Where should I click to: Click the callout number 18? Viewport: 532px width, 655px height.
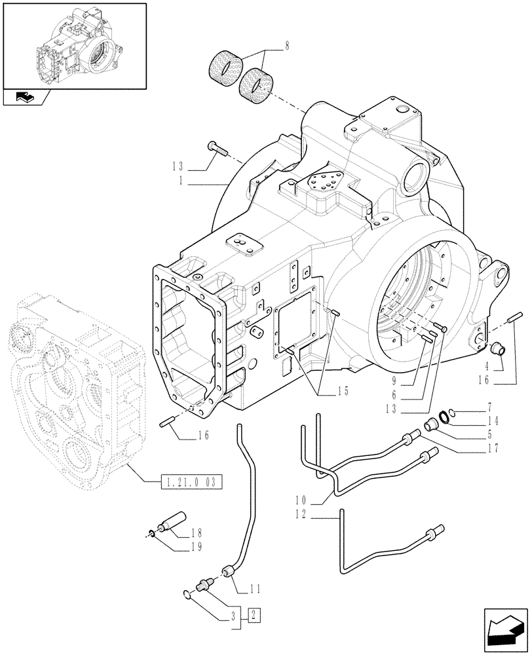click(195, 534)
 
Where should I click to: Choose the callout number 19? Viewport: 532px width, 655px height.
click(195, 546)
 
